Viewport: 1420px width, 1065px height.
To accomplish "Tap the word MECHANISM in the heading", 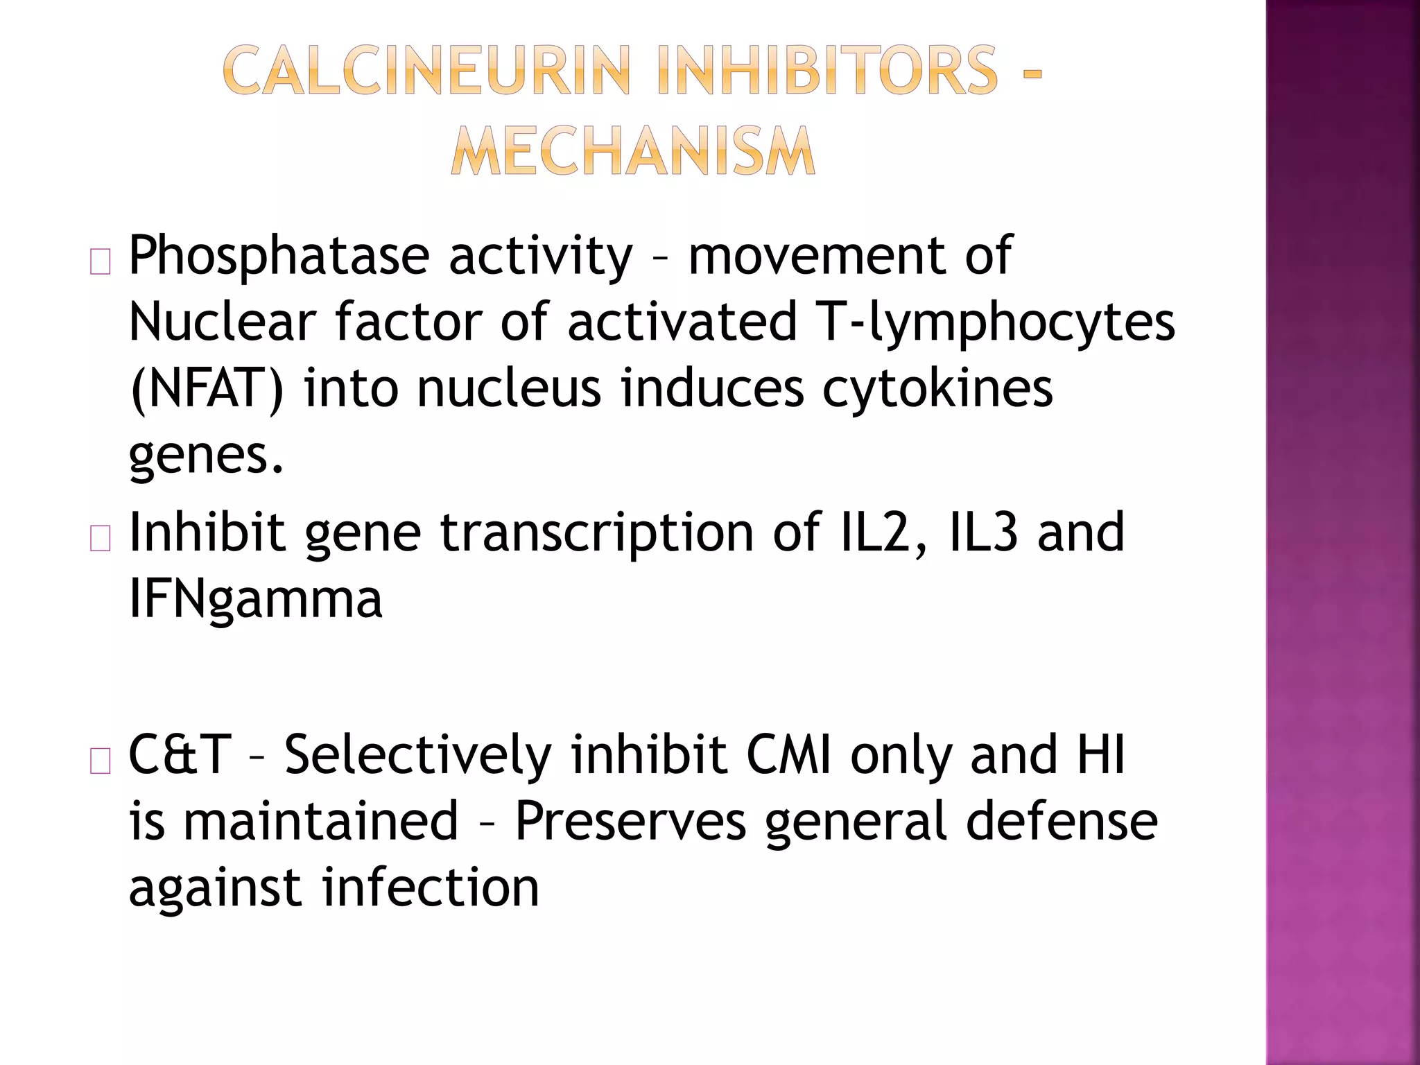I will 632,151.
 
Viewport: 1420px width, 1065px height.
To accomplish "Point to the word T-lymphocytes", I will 996,323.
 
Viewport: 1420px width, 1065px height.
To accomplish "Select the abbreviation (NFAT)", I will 207,389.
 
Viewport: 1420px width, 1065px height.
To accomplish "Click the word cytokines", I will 937,389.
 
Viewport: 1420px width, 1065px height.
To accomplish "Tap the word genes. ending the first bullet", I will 207,456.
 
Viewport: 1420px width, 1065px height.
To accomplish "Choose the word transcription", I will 597,532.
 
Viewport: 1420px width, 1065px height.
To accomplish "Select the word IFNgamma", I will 255,599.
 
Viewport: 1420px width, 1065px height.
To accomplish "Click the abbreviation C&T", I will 180,755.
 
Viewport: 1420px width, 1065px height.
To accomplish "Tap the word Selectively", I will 417,755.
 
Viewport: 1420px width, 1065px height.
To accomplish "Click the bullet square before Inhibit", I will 101,539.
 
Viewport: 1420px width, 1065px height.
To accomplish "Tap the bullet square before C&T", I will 101,761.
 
